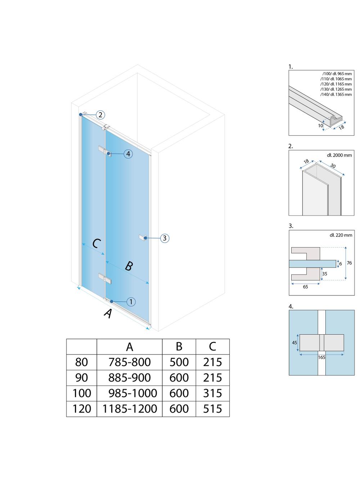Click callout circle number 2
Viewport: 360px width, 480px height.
click(100, 115)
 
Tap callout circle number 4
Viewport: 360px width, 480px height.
click(128, 154)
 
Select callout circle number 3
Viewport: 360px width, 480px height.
click(165, 238)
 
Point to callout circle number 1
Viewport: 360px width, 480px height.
click(131, 302)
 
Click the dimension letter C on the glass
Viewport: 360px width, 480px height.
click(96, 244)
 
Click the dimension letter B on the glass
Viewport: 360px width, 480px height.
click(129, 266)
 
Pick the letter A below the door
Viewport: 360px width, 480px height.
click(108, 313)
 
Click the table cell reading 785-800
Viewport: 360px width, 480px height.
click(130, 362)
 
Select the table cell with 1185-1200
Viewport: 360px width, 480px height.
click(130, 409)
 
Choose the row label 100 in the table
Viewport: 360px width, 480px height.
click(82, 393)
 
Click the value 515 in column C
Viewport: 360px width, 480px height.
click(212, 409)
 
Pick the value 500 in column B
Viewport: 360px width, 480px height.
click(179, 362)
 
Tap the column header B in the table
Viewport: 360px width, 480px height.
click(179, 347)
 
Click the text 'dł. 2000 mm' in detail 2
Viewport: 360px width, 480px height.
click(339, 155)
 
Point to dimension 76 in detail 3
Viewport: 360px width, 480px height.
click(349, 263)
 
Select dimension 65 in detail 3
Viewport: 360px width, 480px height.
click(305, 287)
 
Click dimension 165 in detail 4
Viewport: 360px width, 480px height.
click(321, 357)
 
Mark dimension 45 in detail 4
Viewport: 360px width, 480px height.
click(294, 343)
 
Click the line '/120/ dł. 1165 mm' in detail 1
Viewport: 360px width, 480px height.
click(337, 84)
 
